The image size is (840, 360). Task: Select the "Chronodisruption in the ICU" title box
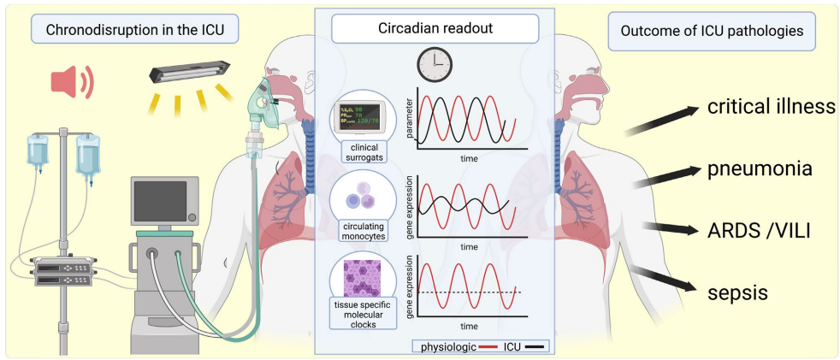click(x=133, y=31)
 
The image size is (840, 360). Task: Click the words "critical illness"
click(x=770, y=108)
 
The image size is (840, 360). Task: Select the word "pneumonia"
click(x=760, y=168)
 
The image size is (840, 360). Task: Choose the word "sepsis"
click(x=737, y=292)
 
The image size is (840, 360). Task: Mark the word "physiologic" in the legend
click(x=446, y=346)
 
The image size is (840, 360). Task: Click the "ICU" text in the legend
click(x=512, y=346)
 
